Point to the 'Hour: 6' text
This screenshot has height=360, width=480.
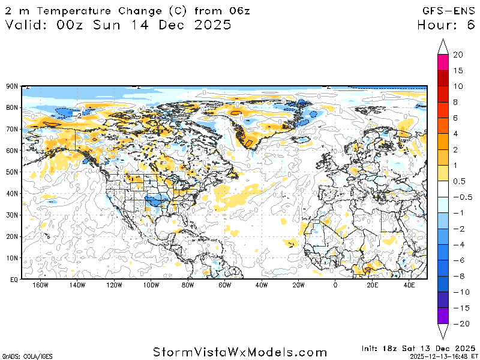[447, 25]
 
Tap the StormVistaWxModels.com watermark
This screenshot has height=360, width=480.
[240, 352]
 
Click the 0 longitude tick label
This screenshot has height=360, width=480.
[335, 286]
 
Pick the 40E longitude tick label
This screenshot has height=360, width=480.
[409, 286]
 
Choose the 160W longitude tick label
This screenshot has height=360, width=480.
[40, 286]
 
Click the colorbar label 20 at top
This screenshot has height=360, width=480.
[458, 55]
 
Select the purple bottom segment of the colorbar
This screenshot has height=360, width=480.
[443, 316]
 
